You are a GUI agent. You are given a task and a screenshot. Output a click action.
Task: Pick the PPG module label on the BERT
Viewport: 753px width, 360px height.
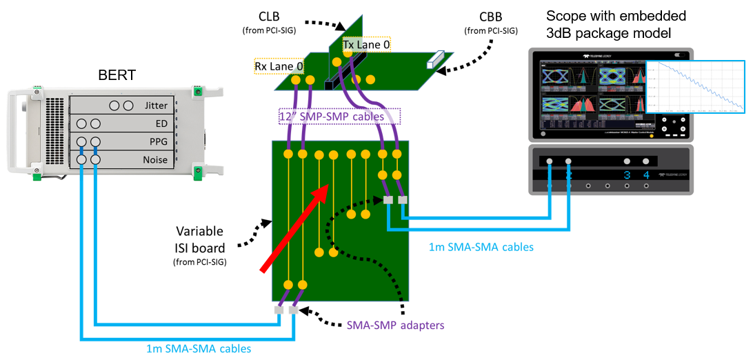(159, 143)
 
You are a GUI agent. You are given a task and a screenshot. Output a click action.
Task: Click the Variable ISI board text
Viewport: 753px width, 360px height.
(200, 239)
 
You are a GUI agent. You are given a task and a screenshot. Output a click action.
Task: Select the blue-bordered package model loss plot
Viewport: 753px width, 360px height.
(694, 86)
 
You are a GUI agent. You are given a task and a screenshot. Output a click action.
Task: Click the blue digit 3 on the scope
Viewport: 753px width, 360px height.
(627, 175)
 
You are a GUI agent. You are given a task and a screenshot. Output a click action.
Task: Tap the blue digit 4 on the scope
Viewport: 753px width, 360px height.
(646, 175)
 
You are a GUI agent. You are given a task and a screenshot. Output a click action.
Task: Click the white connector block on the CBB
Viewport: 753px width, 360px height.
(432, 61)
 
